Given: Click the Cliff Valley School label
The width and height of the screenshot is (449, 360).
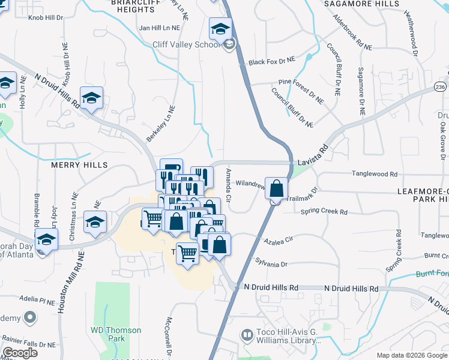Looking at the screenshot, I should [x=186, y=44].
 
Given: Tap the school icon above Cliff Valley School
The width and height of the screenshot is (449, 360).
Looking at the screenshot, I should [x=220, y=29].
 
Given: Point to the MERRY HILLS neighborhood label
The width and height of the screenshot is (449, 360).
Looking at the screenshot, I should [x=79, y=165].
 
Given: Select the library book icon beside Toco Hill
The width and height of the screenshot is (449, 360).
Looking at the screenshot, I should [x=247, y=334].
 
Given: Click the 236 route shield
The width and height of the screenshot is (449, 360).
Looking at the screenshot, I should [x=441, y=88].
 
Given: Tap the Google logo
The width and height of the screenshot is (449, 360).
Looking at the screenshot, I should [x=20, y=353].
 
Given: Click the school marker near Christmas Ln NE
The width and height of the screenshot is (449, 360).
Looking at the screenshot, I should [x=95, y=223].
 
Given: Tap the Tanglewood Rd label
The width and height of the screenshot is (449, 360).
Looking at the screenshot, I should [x=376, y=174].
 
